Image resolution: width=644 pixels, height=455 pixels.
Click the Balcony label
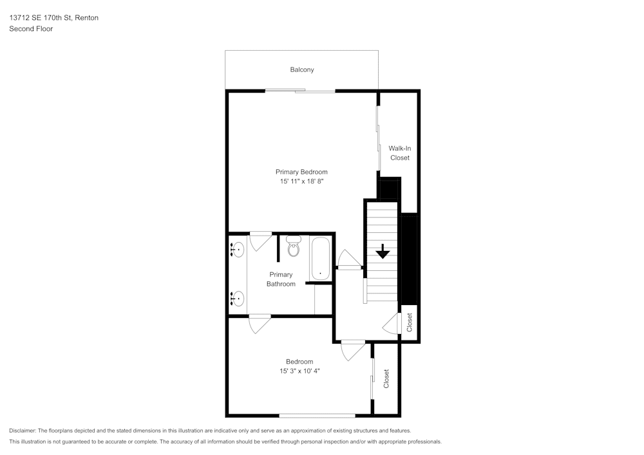pos(301,70)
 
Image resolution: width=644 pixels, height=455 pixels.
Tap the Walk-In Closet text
pos(399,153)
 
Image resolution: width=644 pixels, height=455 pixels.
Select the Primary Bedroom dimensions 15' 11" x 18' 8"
pos(301,182)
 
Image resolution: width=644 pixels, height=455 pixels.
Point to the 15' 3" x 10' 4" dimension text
pos(299,371)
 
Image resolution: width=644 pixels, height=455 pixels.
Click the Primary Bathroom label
pos(281,279)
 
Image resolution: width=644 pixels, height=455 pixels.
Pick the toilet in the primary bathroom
pos(294,246)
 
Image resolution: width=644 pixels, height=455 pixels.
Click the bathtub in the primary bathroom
pos(320,259)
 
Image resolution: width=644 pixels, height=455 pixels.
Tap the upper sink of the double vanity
pos(237,249)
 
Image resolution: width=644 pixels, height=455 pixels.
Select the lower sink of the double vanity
pos(237,298)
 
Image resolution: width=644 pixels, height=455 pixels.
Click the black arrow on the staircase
pos(383,251)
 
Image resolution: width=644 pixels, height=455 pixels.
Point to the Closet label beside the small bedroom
pos(386,378)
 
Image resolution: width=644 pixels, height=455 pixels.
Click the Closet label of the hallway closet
pos(409,322)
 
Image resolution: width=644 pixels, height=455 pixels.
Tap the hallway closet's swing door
pos(392,325)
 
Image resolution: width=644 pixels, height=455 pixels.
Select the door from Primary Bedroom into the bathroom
pos(261,241)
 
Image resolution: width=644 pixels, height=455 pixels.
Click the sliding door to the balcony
pos(300,91)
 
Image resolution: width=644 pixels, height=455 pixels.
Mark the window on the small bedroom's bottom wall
pos(317,415)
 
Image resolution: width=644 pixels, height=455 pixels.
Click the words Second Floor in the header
pos(31,29)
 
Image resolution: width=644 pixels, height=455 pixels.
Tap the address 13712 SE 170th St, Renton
pos(53,18)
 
